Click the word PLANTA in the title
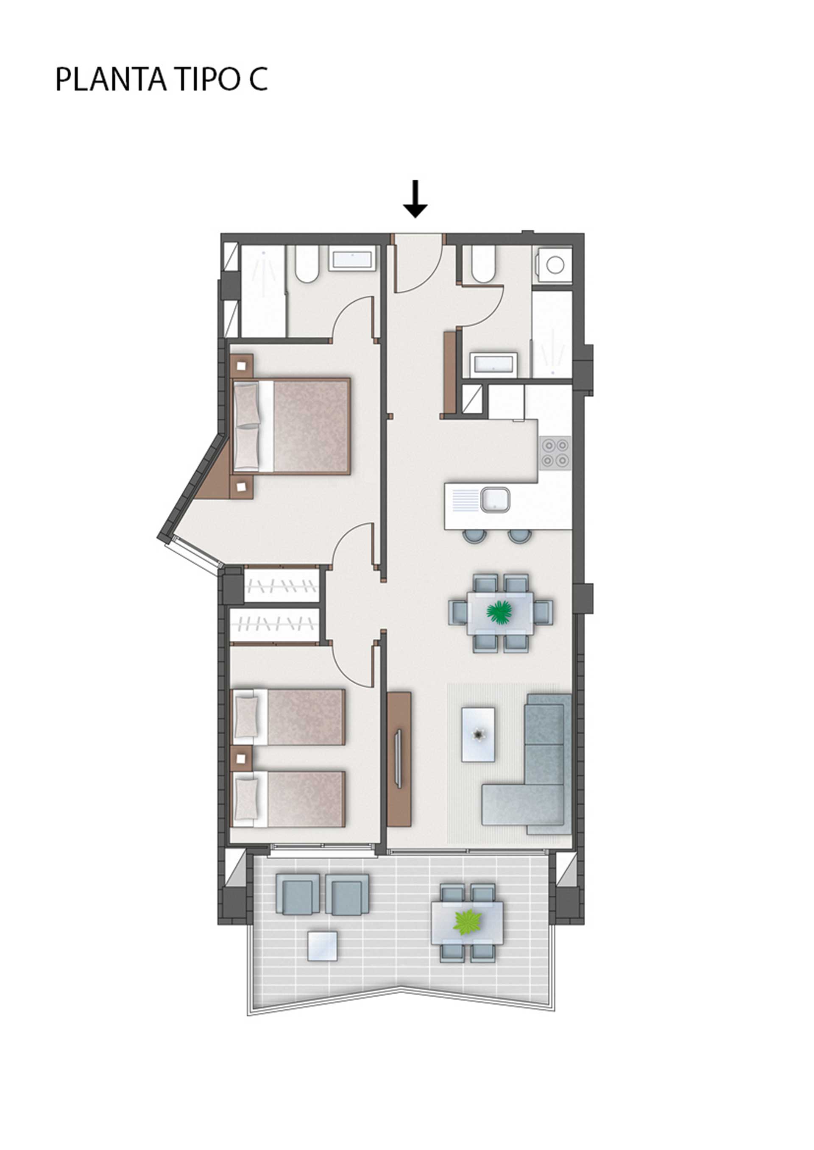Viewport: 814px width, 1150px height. click(110, 79)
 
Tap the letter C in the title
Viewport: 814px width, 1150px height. click(257, 79)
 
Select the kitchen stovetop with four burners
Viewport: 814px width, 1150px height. click(555, 453)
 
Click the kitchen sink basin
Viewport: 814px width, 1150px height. click(496, 500)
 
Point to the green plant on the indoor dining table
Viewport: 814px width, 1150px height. click(500, 611)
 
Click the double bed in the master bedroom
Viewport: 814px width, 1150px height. click(291, 426)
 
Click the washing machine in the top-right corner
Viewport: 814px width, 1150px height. click(553, 265)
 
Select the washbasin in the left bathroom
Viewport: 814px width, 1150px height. click(352, 259)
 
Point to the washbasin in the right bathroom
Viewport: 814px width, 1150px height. click(493, 363)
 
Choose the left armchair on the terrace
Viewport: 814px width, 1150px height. click(298, 894)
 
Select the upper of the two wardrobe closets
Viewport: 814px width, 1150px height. click(281, 585)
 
